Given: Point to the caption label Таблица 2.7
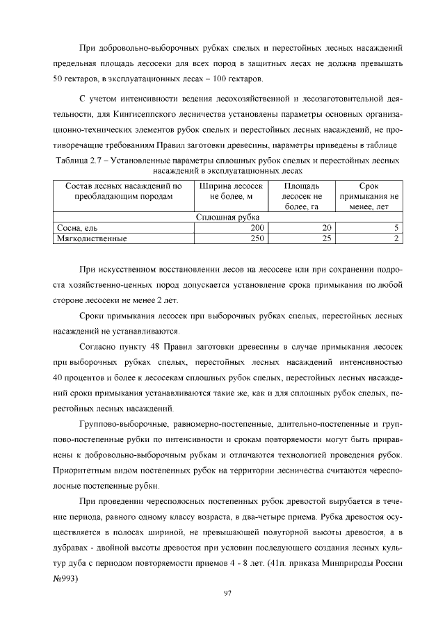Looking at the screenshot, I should (x=78, y=161).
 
